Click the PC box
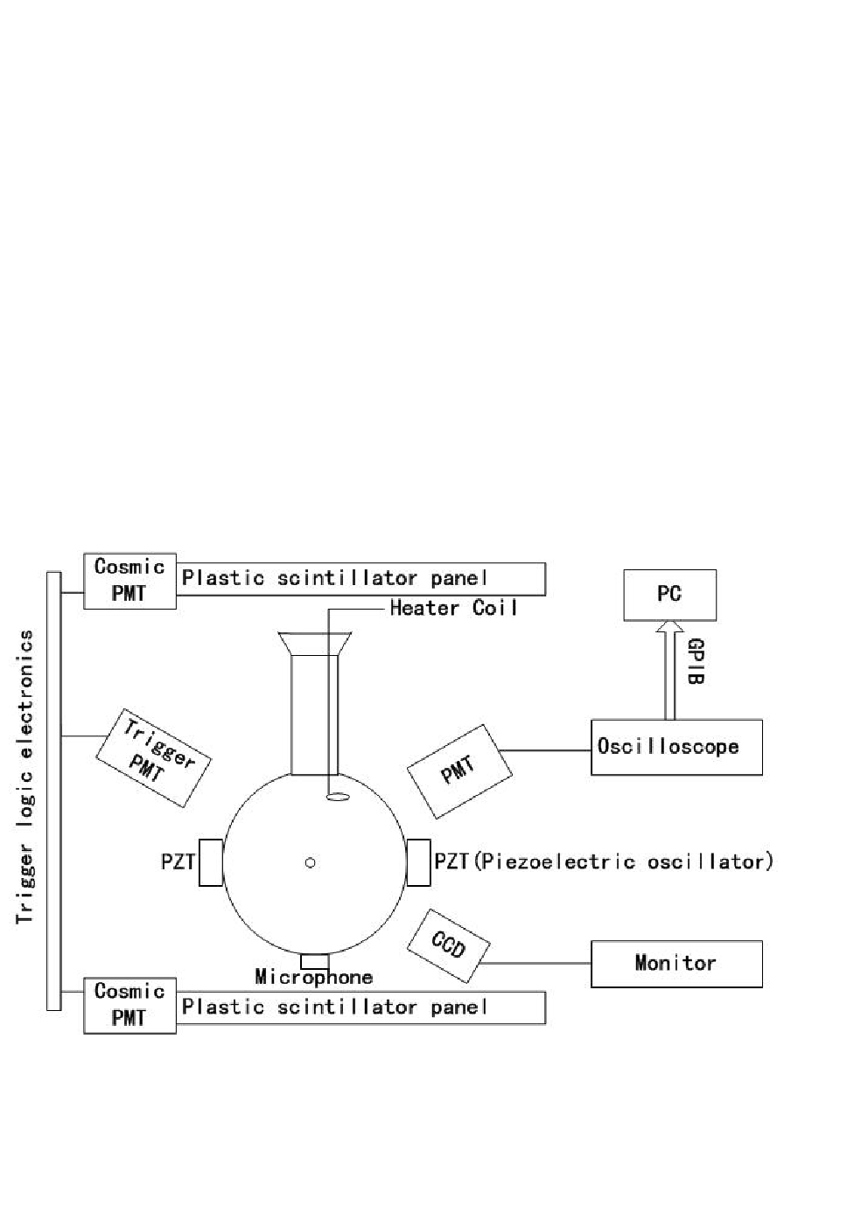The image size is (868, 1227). coord(669,595)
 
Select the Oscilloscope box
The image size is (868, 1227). coord(676,747)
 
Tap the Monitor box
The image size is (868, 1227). coord(676,964)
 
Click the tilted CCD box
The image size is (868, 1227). coord(449,946)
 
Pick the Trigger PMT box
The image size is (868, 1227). coord(153,757)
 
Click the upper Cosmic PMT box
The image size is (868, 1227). coord(129,581)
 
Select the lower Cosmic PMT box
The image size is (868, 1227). coord(129,1005)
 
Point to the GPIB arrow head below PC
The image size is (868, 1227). coord(669,626)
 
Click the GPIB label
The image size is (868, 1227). coord(695,661)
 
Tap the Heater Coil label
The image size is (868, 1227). coord(453,608)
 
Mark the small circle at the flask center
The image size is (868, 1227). coord(310,862)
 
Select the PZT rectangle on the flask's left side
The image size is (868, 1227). coord(211,862)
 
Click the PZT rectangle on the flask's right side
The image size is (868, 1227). coord(418,862)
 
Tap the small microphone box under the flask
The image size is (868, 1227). coord(315,961)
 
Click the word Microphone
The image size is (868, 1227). coord(314,977)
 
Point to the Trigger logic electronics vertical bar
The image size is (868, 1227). coord(53,791)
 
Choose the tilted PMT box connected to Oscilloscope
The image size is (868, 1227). coord(459,772)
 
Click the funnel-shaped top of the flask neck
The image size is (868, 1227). coord(314,645)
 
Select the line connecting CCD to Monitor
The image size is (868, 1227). coord(535,963)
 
